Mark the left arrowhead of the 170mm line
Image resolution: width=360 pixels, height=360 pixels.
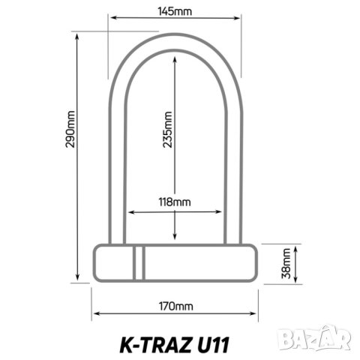point(95,314)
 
